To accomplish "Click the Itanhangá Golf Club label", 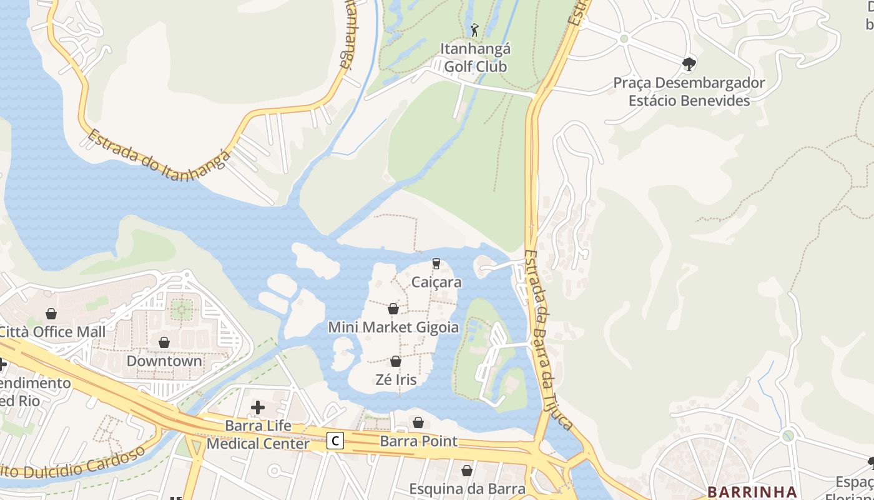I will tap(476, 57).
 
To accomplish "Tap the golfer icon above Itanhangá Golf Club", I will tap(474, 29).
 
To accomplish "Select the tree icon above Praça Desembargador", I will tap(689, 63).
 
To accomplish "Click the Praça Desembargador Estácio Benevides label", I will tap(689, 91).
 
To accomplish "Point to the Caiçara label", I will tap(436, 282).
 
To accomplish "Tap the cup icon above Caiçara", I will tap(436, 264).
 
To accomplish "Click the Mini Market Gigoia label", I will tap(393, 327).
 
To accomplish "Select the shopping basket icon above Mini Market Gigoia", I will tap(393, 309).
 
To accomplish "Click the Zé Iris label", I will tap(396, 379).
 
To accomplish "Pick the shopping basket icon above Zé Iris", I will tap(395, 361).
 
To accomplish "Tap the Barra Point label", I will tap(418, 441).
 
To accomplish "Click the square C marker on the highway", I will tap(335, 441).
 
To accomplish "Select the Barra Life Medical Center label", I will tap(258, 435).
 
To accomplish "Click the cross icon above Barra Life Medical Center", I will tap(257, 408).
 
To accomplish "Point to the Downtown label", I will tap(164, 361).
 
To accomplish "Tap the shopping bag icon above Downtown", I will tap(164, 342).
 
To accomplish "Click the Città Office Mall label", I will tap(52, 331).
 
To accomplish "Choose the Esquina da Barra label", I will tap(467, 488).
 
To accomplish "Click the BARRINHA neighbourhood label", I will tap(752, 492).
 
